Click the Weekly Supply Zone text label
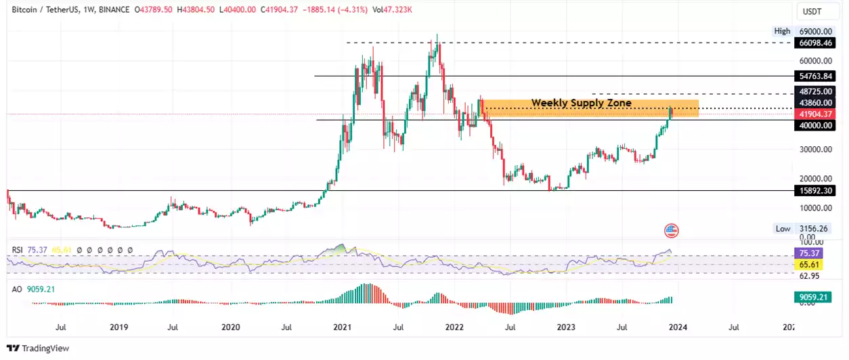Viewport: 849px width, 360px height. [581, 103]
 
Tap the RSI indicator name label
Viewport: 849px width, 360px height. [18, 250]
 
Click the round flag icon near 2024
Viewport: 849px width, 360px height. [671, 230]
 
